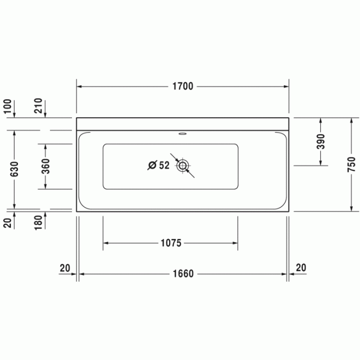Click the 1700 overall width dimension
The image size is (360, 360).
183,86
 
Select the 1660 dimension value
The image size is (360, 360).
183,274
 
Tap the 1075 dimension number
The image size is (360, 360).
170,243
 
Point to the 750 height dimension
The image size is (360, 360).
351,164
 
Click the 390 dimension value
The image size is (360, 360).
321,141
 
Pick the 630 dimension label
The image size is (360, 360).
14,168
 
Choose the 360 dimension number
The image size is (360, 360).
45,166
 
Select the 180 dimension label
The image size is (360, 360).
38,222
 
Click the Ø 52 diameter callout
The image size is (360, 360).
158,166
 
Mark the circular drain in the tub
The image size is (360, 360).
183,166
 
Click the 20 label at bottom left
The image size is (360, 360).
65,267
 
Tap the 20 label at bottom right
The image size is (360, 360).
301,267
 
